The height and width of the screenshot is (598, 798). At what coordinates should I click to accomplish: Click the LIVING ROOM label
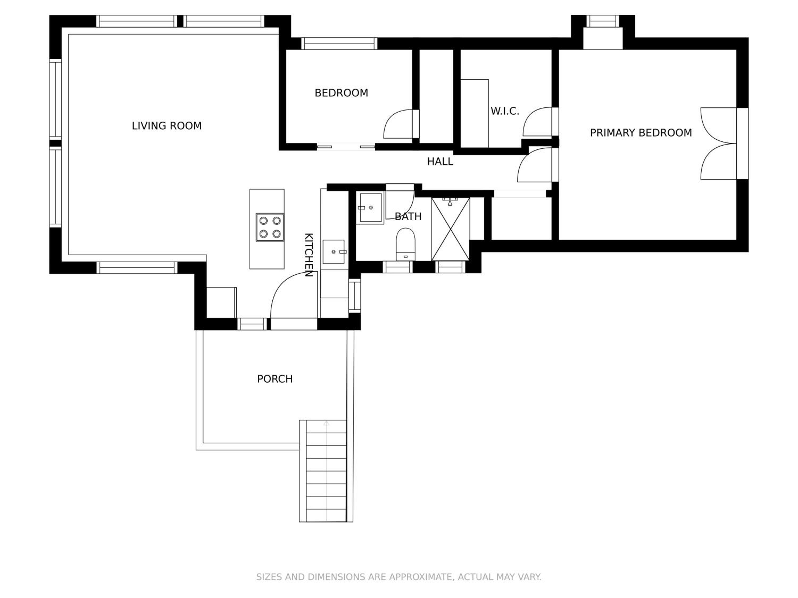(x=167, y=126)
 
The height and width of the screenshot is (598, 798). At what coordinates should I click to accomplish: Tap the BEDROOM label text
(x=341, y=93)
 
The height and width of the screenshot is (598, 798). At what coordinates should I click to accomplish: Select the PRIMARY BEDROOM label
(x=641, y=133)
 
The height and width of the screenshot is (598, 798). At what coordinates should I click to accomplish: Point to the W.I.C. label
(x=505, y=111)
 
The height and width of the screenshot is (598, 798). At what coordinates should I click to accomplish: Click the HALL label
(x=440, y=162)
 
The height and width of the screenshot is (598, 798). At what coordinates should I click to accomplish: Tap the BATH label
(x=408, y=216)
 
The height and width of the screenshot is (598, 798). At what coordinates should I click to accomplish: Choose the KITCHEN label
(x=309, y=255)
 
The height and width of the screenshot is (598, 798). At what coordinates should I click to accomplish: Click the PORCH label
(x=275, y=379)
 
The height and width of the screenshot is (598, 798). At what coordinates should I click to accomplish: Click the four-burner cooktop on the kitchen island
(x=270, y=227)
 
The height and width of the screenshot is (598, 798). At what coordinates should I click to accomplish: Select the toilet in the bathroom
(x=405, y=244)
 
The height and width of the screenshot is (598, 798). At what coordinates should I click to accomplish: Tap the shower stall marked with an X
(x=451, y=229)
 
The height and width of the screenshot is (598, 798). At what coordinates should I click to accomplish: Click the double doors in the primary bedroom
(x=719, y=144)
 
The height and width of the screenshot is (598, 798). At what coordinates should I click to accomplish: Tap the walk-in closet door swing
(x=537, y=122)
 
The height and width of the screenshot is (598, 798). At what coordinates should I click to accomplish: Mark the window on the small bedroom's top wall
(x=339, y=44)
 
